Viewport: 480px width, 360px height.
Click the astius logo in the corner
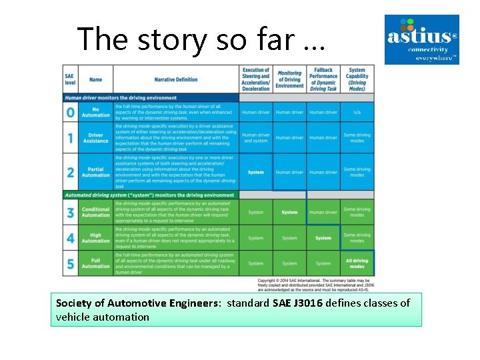coord(422,39)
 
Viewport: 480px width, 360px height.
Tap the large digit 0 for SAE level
coord(70,112)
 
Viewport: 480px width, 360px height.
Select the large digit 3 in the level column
coord(70,212)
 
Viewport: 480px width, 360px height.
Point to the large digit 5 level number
coord(70,263)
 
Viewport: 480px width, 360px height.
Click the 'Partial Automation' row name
coord(95,172)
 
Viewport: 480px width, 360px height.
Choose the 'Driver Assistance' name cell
coord(95,138)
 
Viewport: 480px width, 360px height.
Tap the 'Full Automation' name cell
coord(95,263)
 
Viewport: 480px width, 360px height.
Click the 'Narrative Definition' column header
coord(176,79)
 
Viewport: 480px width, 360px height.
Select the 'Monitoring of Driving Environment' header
coord(289,79)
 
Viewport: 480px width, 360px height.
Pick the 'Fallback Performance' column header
coord(323,79)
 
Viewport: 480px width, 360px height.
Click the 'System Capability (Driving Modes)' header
coord(357,79)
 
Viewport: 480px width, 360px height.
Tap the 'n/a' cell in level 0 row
coord(357,112)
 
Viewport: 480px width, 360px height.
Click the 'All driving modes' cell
coord(357,263)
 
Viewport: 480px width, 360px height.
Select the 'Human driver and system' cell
coord(255,138)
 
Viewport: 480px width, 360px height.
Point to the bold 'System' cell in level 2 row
coord(255,172)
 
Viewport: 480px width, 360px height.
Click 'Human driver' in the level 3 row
coord(323,212)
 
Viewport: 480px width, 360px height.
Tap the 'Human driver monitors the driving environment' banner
coord(120,98)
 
